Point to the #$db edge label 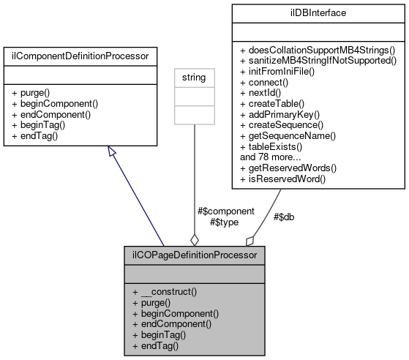click(x=284, y=217)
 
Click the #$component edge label click(x=226, y=210)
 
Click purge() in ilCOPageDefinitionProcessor click(x=157, y=302)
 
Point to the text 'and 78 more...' click(x=269, y=156)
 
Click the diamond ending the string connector click(x=194, y=239)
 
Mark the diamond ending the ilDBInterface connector click(x=249, y=240)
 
